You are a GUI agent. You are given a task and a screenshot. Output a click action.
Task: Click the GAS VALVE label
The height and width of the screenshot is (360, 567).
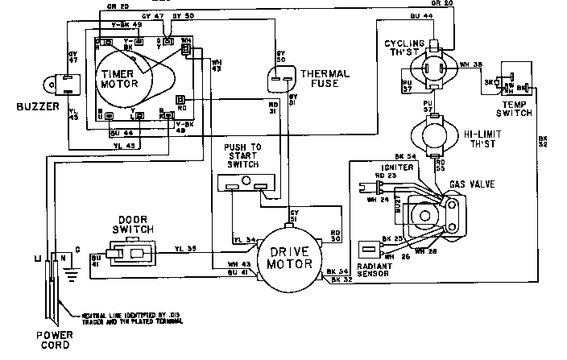[x=472, y=184]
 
